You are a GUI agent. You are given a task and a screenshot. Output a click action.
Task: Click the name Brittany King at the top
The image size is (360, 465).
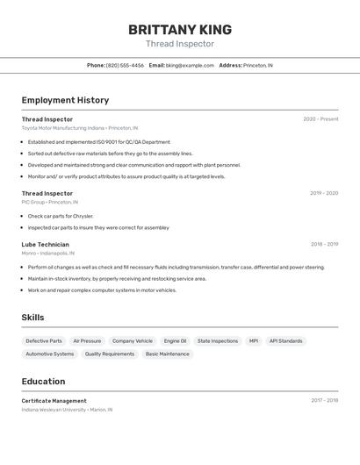click(x=179, y=29)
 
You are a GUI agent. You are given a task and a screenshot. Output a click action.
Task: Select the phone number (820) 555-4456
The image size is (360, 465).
click(x=125, y=65)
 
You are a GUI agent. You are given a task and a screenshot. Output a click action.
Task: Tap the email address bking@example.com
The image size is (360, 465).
click(x=190, y=65)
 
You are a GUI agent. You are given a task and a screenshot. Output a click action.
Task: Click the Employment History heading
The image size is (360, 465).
click(x=65, y=100)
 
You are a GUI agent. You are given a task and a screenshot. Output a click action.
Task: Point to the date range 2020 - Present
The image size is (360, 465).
click(x=320, y=119)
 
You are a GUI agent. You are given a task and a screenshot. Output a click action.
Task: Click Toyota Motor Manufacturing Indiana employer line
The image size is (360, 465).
click(x=80, y=128)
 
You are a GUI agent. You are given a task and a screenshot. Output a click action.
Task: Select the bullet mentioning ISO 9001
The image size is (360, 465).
click(x=99, y=141)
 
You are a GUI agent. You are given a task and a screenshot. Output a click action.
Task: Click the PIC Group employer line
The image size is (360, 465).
click(x=49, y=202)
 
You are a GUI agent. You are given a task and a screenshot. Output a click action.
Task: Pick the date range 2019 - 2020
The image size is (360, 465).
click(x=324, y=193)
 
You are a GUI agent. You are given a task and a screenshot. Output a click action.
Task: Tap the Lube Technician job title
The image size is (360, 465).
click(x=46, y=245)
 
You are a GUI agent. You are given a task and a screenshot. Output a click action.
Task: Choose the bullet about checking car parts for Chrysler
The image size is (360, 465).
click(x=61, y=216)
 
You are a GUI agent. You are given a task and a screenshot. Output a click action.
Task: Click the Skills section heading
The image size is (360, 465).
click(x=34, y=318)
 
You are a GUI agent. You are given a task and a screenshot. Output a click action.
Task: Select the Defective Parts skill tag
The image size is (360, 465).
click(x=44, y=341)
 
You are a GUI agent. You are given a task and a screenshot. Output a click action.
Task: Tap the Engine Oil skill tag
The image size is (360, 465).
click(x=175, y=341)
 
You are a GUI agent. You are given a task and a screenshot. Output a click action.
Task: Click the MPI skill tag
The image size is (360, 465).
click(x=254, y=341)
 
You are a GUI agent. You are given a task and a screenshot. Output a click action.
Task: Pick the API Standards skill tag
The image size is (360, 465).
click(x=285, y=341)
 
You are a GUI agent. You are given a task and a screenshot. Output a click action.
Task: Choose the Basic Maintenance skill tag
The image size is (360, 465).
click(x=167, y=354)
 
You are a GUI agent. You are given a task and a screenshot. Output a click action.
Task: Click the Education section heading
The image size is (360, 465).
click(x=43, y=382)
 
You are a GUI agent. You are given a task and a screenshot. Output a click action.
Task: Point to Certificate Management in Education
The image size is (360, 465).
click(x=54, y=400)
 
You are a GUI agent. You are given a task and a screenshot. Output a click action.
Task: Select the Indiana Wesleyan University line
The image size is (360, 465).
click(x=67, y=409)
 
